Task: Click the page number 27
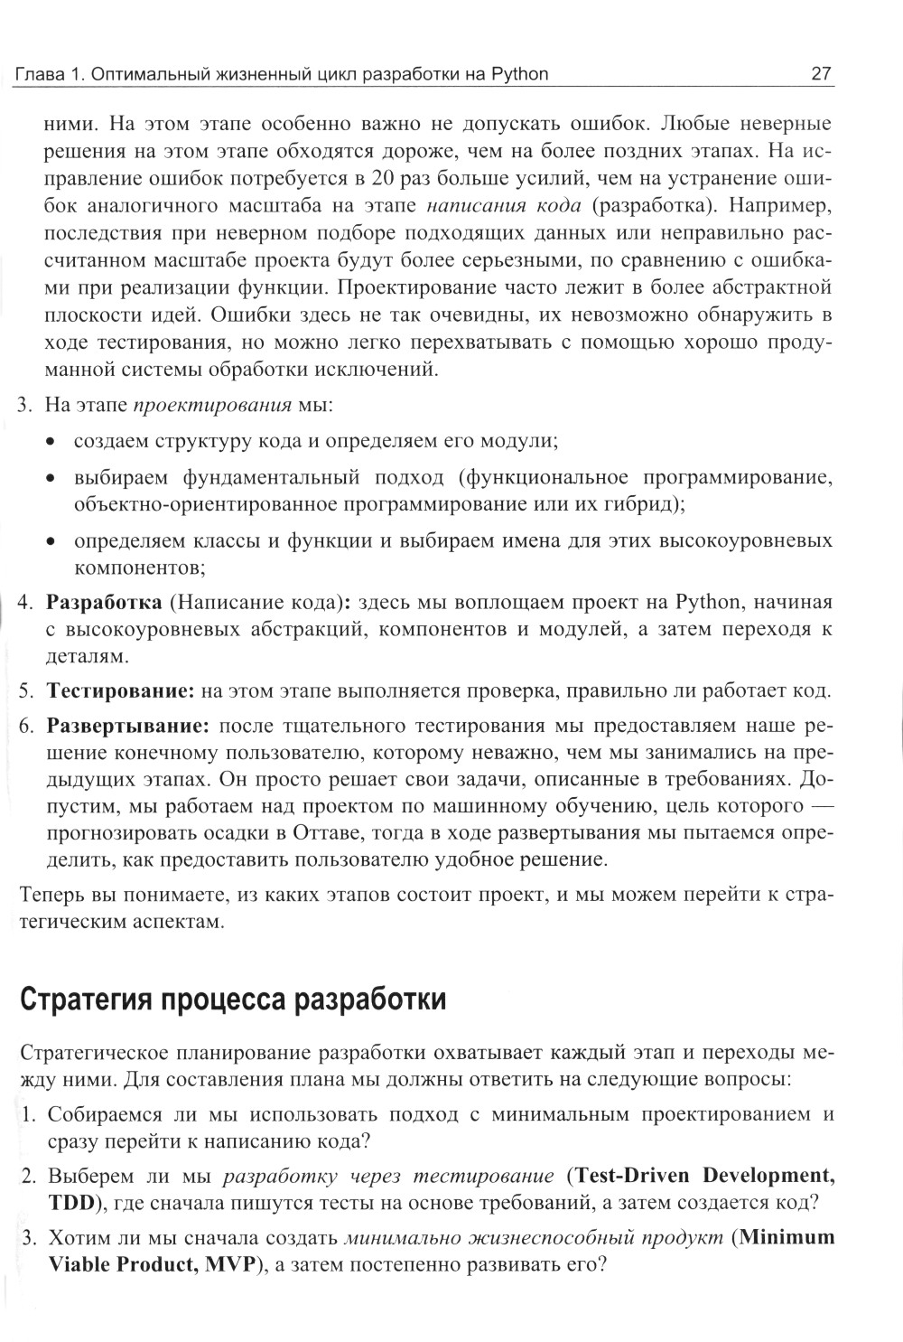[x=822, y=73]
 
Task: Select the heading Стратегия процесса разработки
[x=232, y=1000]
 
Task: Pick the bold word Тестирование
[x=121, y=691]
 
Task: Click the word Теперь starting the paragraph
[x=52, y=895]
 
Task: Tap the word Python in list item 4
[x=707, y=602]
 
